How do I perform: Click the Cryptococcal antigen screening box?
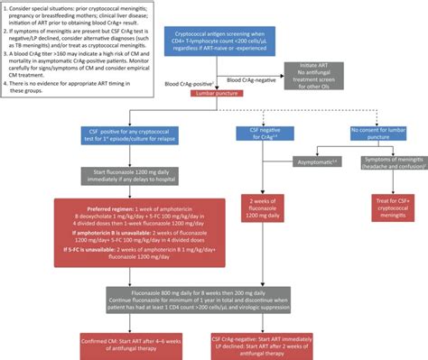coord(230,42)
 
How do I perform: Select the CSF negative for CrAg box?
coord(263,134)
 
